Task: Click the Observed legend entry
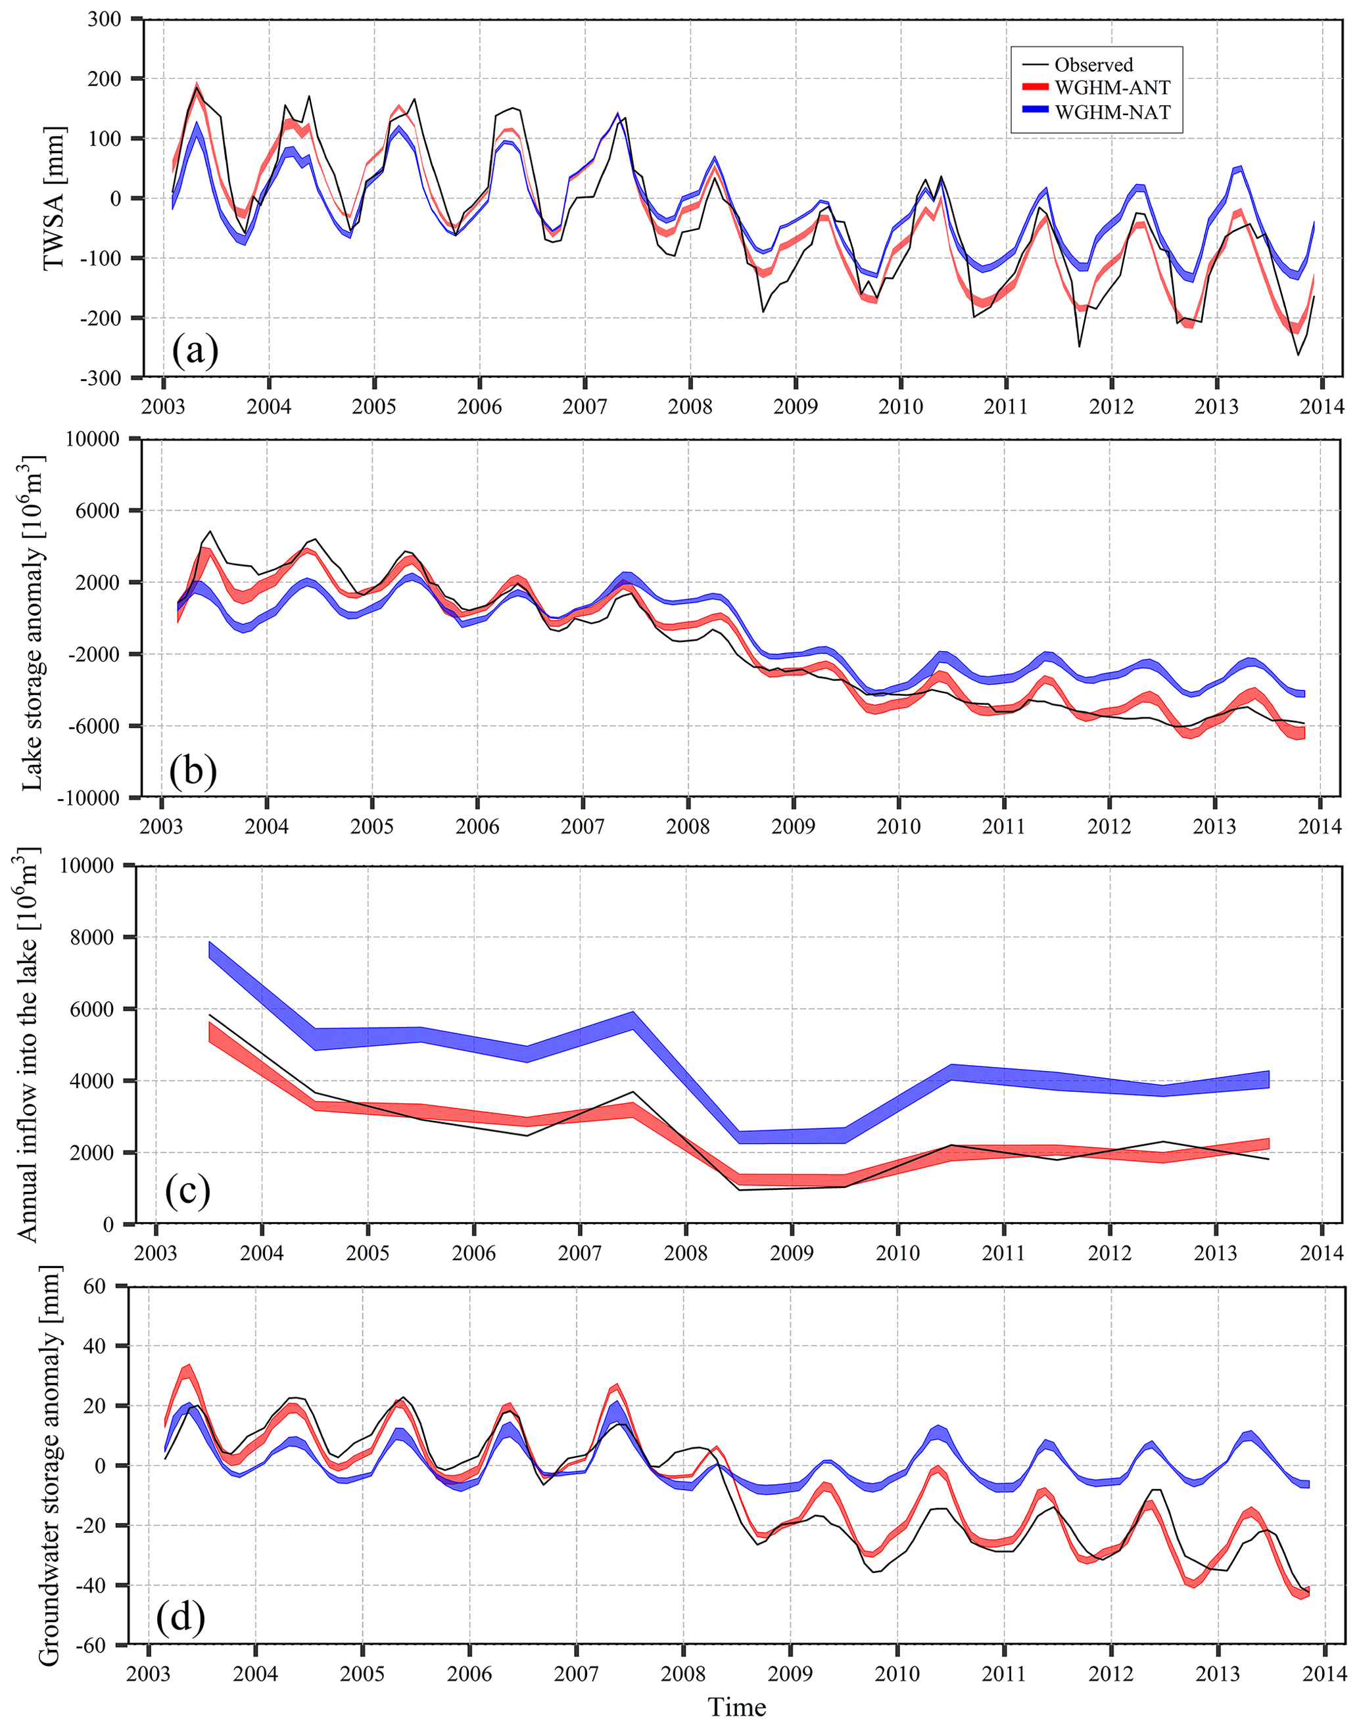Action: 1093,65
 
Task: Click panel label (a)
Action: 195,351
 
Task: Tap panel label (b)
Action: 193,771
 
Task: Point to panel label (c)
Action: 188,1191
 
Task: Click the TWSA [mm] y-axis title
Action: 54,197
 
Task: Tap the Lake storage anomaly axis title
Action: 32,623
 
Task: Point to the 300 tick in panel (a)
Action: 105,19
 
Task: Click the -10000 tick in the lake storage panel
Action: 88,798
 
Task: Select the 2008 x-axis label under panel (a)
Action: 690,407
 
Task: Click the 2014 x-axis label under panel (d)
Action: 1324,1674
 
